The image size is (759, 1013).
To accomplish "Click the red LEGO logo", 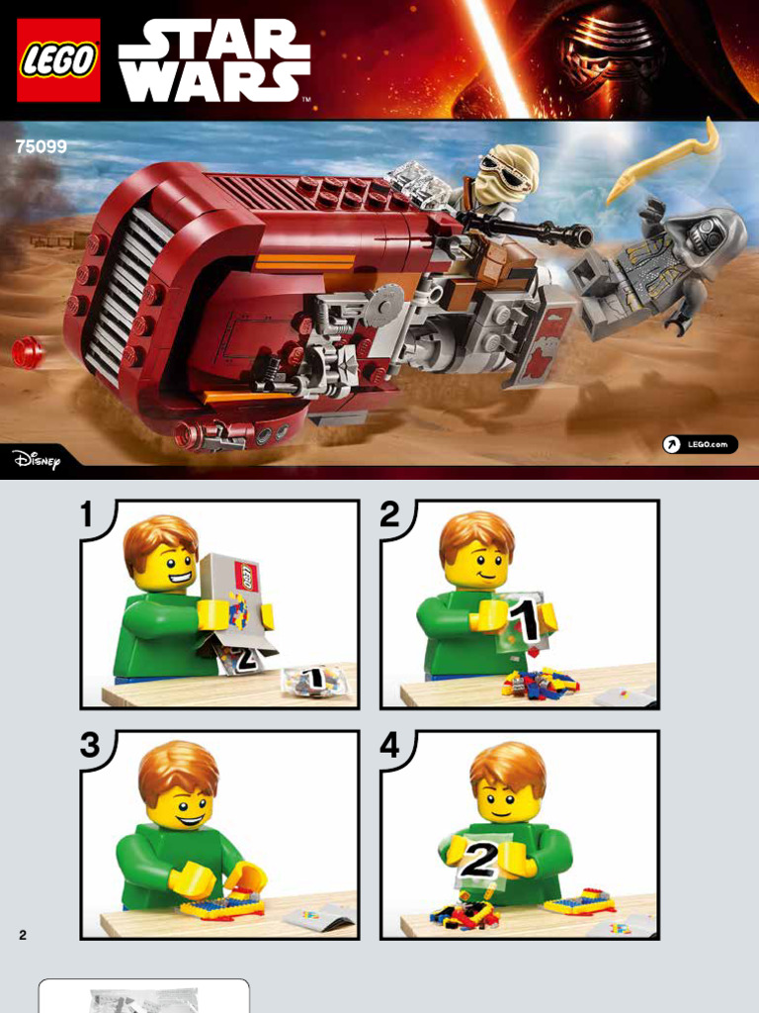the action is point(58,60).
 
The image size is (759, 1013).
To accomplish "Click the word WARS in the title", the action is point(214,81).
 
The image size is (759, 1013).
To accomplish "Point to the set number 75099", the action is point(42,146).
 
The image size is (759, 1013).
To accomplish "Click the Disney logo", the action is point(37,459).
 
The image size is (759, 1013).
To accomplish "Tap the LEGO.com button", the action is point(700,444).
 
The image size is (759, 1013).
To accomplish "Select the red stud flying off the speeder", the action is point(27,353).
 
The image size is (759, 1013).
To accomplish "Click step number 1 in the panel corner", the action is point(88,514).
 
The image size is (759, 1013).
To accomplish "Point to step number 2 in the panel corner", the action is point(389,514).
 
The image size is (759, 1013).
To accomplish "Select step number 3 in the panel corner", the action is point(90,745).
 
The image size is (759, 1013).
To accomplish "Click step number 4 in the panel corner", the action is point(389,745).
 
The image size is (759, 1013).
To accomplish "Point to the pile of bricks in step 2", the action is point(541,683).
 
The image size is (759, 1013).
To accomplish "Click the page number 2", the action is point(23,935).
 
